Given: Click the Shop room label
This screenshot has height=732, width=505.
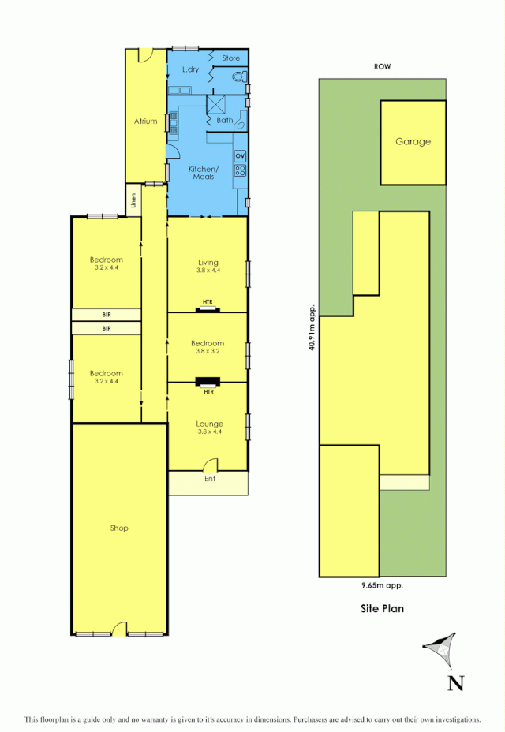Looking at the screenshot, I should click(x=119, y=528).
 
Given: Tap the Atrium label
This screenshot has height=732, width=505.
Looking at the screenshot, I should click(x=145, y=121).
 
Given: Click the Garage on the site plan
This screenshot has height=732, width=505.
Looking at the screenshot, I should click(x=413, y=142).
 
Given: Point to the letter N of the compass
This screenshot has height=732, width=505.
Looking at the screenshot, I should click(x=455, y=683).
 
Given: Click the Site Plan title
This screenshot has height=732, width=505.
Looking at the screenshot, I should click(x=383, y=608).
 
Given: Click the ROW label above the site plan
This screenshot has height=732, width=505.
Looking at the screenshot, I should click(x=383, y=67).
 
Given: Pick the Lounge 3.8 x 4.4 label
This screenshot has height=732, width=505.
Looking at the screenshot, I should click(x=209, y=428).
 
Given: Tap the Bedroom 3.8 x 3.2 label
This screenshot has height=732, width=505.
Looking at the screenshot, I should click(x=208, y=348).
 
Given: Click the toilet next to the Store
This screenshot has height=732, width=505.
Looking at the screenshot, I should click(x=241, y=77).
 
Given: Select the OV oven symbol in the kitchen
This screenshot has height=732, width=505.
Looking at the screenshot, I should click(x=240, y=155).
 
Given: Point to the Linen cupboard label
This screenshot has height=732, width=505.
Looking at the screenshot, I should click(x=134, y=200).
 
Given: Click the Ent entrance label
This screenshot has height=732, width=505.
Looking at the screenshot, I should click(x=210, y=479).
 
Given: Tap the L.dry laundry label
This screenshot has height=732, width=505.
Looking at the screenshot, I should click(x=190, y=70).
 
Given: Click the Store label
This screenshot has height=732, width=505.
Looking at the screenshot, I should click(x=230, y=58).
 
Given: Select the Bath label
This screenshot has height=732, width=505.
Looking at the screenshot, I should click(x=225, y=121).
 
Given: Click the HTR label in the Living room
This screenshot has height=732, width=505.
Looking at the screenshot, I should click(x=208, y=302).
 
